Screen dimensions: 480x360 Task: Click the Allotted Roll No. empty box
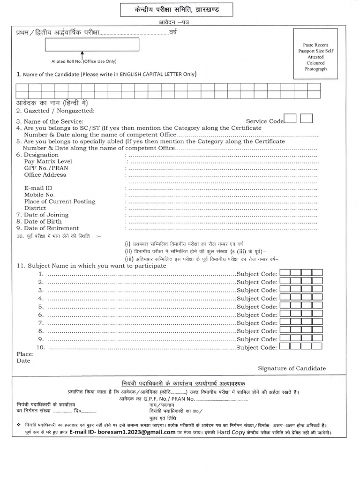click(92, 45)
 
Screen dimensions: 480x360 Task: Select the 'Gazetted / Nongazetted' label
click(55, 111)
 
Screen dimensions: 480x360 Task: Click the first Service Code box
click(290, 119)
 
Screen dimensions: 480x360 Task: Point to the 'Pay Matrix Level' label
click(49, 161)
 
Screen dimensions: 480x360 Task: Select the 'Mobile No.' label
click(39, 195)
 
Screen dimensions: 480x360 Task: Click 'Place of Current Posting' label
click(60, 202)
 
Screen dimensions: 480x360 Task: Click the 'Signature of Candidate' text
click(292, 368)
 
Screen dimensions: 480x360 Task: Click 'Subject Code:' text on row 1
click(257, 274)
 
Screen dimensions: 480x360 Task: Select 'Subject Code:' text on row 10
click(257, 347)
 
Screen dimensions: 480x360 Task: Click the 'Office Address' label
click(45, 175)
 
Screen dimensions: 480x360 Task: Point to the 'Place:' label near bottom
click(24, 354)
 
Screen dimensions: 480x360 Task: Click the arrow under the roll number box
click(82, 55)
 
